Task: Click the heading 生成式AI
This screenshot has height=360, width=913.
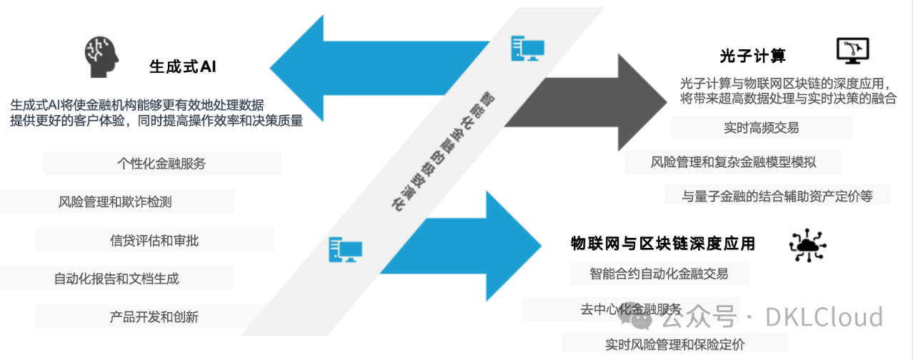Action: click(x=183, y=66)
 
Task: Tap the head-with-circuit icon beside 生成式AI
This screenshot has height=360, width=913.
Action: click(x=101, y=56)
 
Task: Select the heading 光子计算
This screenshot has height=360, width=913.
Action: click(x=752, y=56)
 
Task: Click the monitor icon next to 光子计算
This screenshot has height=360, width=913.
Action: click(x=853, y=51)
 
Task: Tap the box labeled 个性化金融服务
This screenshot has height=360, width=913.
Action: click(x=162, y=164)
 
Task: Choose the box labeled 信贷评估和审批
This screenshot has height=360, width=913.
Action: click(x=154, y=240)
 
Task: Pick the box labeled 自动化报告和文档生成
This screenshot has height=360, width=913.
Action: click(x=116, y=278)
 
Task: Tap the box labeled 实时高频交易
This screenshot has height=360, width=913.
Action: click(x=762, y=128)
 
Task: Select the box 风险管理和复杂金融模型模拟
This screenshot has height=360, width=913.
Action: click(x=733, y=162)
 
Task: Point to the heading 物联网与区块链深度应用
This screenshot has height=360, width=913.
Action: click(x=663, y=244)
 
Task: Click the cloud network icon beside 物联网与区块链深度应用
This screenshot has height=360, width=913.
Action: click(x=808, y=245)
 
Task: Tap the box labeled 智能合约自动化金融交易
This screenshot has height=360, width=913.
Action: click(x=659, y=273)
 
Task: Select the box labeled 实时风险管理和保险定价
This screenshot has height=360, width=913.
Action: click(x=674, y=344)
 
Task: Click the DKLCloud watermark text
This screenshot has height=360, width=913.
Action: click(x=824, y=317)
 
